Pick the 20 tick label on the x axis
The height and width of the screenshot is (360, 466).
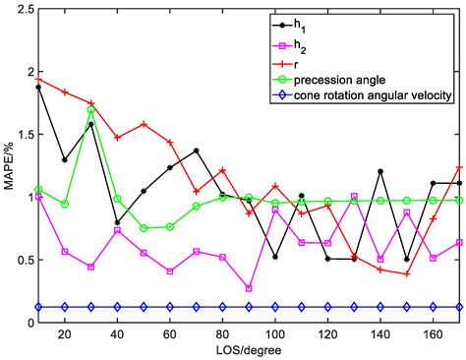click(65, 334)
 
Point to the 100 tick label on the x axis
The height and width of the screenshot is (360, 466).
click(275, 334)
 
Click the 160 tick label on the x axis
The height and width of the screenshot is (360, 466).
click(433, 334)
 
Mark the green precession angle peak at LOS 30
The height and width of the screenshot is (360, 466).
click(91, 110)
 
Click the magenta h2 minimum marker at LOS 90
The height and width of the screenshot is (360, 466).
click(249, 288)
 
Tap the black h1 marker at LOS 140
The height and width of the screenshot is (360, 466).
click(380, 171)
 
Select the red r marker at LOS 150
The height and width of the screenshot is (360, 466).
click(406, 273)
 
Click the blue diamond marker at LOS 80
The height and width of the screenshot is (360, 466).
click(222, 307)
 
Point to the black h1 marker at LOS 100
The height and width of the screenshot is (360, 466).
click(275, 257)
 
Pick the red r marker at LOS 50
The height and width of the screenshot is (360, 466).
click(144, 125)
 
